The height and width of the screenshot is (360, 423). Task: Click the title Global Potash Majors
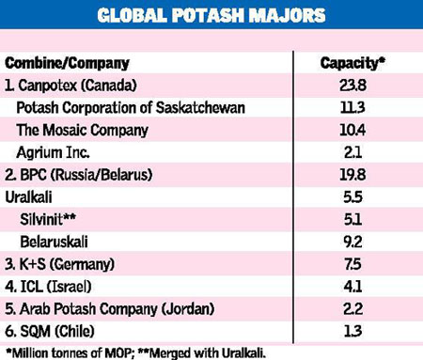click(211, 16)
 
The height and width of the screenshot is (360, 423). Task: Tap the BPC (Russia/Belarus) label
click(80, 175)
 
